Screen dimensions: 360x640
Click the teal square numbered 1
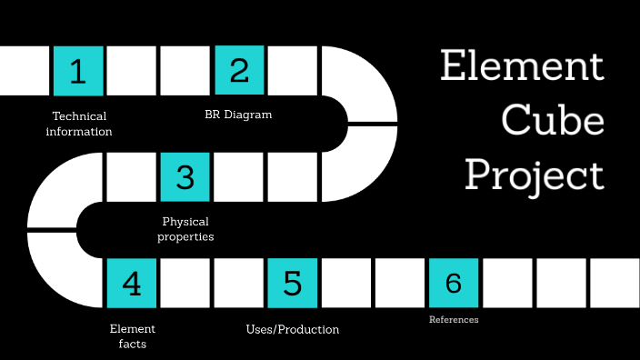click(78, 71)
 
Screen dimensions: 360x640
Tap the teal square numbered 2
click(239, 71)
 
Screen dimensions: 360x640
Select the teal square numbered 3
click(185, 176)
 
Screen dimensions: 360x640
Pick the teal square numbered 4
click(132, 283)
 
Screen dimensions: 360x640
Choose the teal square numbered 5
click(292, 283)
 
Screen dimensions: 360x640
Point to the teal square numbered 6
click(454, 283)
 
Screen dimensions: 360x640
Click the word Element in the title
click(522, 67)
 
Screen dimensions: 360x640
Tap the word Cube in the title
click(553, 120)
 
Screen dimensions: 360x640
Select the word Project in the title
click(535, 175)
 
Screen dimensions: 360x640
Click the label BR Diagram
click(238, 115)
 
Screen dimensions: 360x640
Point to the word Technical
click(79, 116)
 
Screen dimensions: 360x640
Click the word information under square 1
click(79, 132)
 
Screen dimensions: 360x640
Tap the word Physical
click(185, 221)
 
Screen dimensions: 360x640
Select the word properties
click(185, 236)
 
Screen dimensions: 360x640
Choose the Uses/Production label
click(293, 329)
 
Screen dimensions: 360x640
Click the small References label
click(454, 320)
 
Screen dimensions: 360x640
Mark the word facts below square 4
click(133, 344)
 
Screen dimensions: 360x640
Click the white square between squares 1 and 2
click(132, 71)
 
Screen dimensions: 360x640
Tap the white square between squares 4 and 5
click(185, 283)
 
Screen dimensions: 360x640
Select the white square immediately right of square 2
click(292, 71)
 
